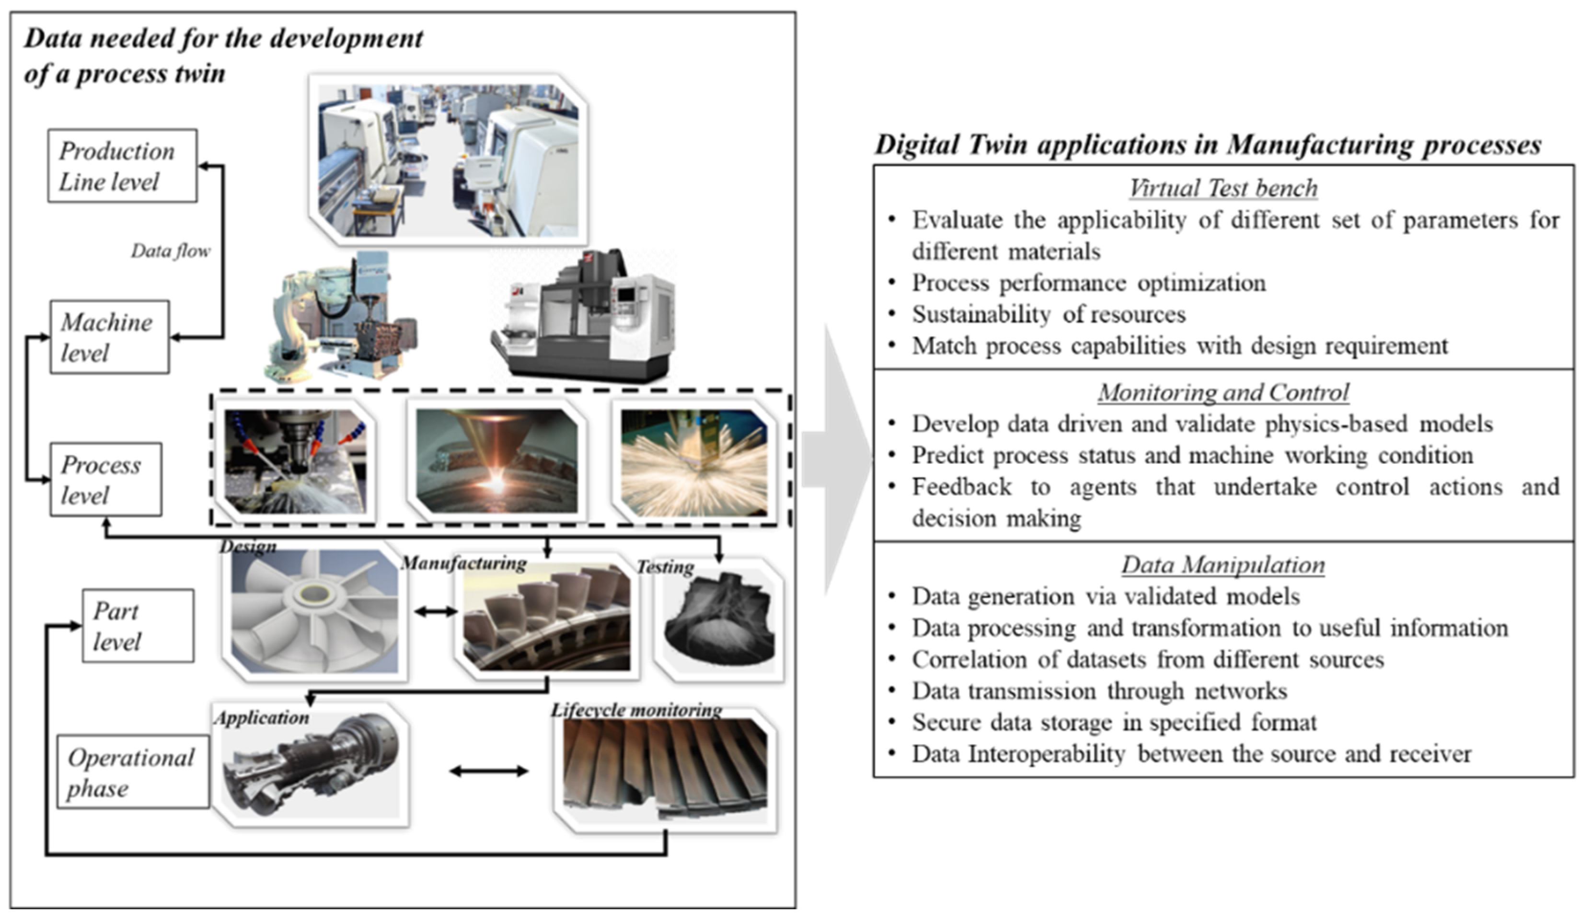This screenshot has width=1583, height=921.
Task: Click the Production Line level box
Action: (123, 166)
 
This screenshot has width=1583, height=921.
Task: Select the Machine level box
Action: (109, 337)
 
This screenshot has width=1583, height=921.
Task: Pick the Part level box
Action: (138, 626)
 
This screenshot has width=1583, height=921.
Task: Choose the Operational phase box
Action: (133, 772)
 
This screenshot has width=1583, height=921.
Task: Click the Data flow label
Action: (170, 251)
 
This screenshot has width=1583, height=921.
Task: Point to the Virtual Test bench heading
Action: (1223, 188)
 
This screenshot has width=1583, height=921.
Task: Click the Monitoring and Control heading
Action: (1223, 392)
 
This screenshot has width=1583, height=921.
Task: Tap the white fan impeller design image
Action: (314, 612)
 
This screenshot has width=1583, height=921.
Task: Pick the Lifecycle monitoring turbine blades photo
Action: (665, 771)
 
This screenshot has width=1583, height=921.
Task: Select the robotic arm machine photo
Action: (339, 317)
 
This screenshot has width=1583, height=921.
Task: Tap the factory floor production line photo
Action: (448, 160)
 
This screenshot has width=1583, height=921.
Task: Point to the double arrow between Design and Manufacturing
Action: (435, 610)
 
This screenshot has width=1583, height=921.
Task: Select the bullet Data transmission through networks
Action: (1099, 691)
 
